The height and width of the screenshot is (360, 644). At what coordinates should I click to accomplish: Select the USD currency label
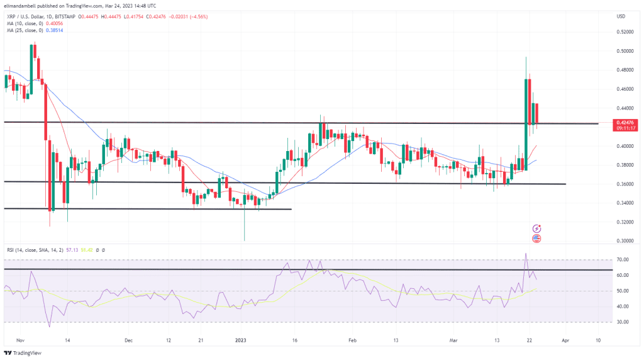click(621, 15)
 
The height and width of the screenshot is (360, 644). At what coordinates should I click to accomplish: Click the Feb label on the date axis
click(352, 340)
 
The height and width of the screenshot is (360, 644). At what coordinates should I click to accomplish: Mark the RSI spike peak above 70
click(525, 254)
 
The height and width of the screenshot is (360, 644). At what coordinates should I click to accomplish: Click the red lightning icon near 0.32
click(537, 228)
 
